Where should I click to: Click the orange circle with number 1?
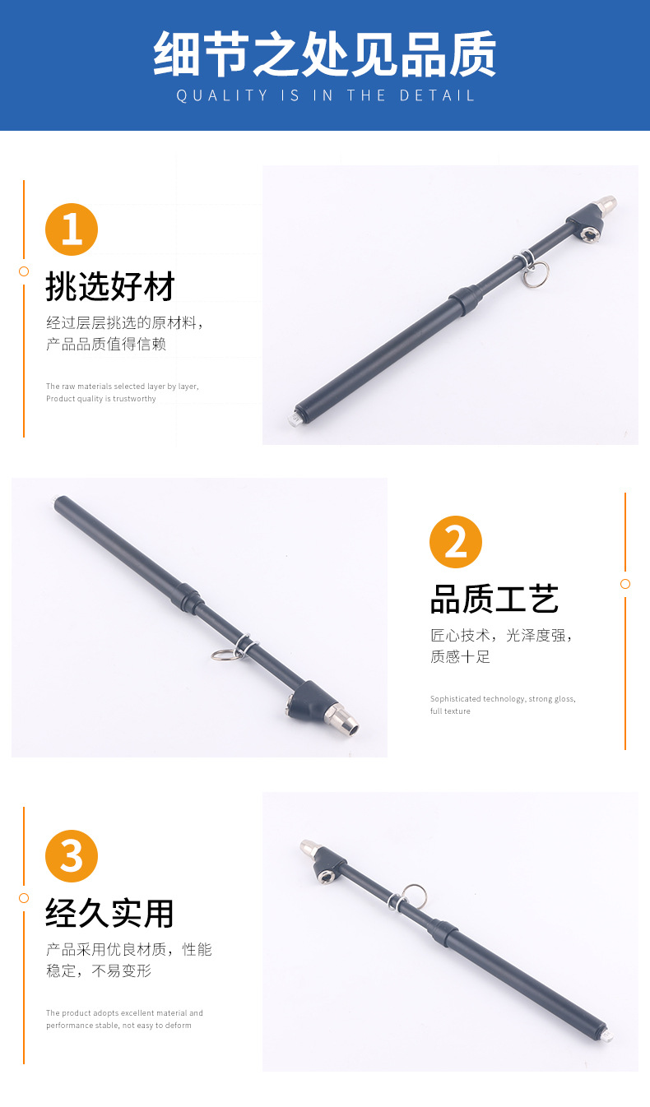(x=72, y=229)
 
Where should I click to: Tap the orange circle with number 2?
(x=456, y=542)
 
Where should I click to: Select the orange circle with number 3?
(x=72, y=856)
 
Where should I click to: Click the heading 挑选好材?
(x=110, y=287)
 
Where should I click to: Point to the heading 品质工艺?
(x=494, y=600)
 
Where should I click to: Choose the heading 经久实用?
(x=110, y=913)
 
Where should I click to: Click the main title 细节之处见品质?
(x=325, y=54)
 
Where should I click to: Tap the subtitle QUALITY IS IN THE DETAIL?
(x=325, y=95)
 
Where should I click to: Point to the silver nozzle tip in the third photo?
(x=309, y=846)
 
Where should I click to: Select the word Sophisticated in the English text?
(x=455, y=699)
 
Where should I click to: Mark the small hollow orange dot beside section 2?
(x=625, y=584)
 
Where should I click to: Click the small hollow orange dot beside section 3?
(x=24, y=898)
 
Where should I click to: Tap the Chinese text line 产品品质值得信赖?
(x=106, y=344)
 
